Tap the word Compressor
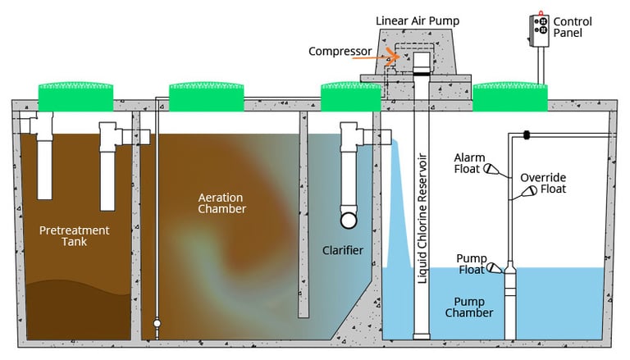(x=339, y=52)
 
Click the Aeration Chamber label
(x=222, y=203)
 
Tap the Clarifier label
(x=342, y=249)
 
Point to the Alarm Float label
(x=470, y=163)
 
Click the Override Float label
(x=546, y=183)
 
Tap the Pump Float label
(x=472, y=265)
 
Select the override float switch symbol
(x=526, y=194)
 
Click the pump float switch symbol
(x=494, y=267)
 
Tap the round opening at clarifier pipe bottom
(x=349, y=219)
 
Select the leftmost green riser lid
(x=75, y=97)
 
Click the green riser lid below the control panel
(x=510, y=97)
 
